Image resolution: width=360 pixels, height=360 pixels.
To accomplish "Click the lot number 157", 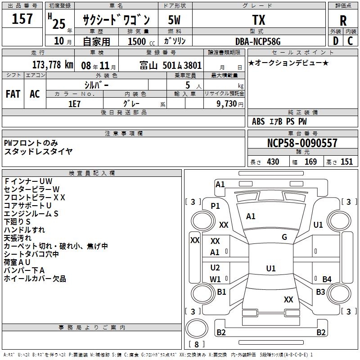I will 22,19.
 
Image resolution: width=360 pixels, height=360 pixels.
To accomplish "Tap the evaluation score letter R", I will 343,20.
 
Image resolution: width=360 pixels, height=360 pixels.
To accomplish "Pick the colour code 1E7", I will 75,103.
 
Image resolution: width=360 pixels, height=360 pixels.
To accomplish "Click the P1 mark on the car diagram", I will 216,206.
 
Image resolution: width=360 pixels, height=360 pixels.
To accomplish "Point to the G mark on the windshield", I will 284,237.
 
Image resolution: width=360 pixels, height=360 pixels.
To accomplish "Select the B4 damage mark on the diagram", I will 327,279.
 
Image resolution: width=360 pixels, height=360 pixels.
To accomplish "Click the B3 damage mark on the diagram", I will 320,292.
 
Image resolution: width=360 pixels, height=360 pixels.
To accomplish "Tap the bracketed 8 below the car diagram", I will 196,345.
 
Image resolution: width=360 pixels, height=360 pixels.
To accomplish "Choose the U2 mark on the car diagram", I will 216,268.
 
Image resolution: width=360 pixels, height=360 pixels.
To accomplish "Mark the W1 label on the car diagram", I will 216,279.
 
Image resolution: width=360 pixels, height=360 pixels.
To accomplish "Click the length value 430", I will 273,162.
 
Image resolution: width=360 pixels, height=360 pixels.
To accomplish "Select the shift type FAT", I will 13,94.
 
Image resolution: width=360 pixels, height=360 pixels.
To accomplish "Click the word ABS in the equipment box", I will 258,121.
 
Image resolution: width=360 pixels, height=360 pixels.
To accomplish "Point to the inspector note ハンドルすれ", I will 24,230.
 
